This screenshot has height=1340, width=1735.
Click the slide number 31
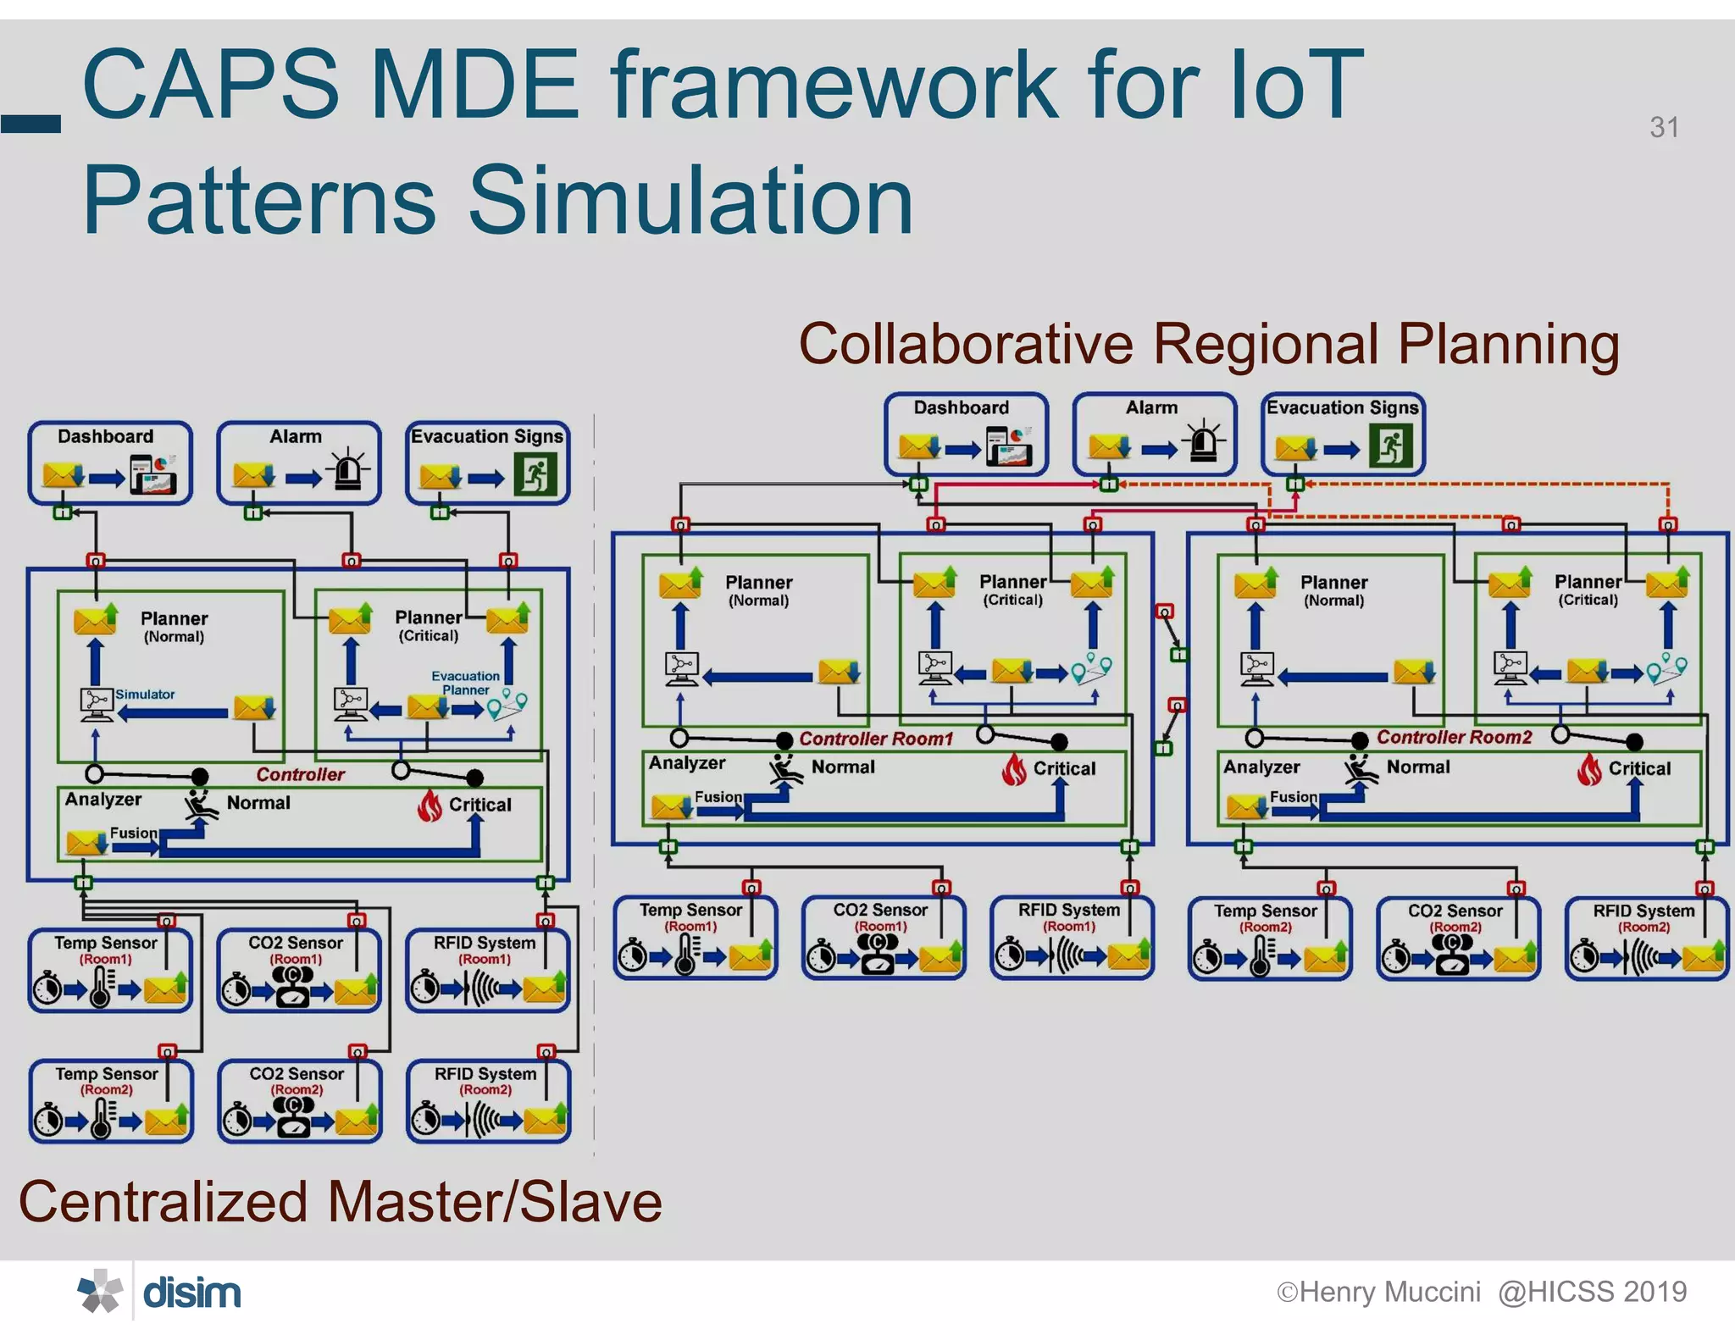[x=1664, y=127]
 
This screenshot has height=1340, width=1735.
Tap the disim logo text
[x=191, y=1293]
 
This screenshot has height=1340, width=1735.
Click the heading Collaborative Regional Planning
[x=1209, y=345]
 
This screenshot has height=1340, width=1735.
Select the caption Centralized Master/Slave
[x=340, y=1202]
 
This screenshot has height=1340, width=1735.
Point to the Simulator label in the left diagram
[x=145, y=695]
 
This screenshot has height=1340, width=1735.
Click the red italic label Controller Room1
[x=876, y=739]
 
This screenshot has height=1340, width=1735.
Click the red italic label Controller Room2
[x=1454, y=737]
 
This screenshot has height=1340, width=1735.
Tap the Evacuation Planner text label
[x=465, y=683]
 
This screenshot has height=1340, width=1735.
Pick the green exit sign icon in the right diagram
[x=1391, y=446]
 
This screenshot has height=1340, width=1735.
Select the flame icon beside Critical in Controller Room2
[x=1589, y=769]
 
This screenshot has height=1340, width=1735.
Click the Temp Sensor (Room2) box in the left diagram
[x=111, y=1100]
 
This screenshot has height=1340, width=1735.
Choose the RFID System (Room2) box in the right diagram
[x=1646, y=939]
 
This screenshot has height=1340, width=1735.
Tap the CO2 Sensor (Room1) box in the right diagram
[x=883, y=938]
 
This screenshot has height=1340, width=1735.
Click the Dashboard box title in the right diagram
[x=961, y=407]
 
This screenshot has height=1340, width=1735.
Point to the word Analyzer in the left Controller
[x=103, y=799]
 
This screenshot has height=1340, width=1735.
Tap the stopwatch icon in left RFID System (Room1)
[x=425, y=988]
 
